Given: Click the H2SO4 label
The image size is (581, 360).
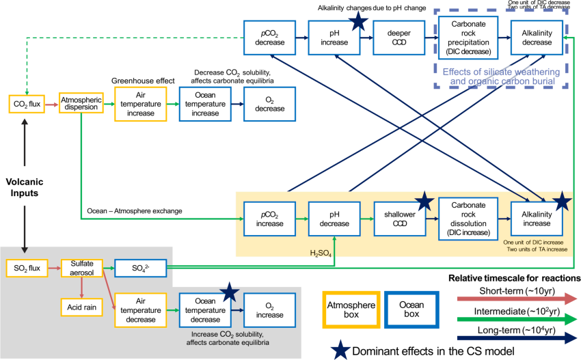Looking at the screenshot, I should click(x=320, y=253).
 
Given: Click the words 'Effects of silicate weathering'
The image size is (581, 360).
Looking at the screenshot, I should click(x=501, y=72).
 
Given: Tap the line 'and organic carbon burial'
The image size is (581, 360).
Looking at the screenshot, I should click(x=501, y=81).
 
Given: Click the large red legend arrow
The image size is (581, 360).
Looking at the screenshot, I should click(x=517, y=299).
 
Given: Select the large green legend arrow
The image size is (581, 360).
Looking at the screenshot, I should click(x=517, y=318).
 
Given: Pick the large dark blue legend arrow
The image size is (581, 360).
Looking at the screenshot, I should click(x=517, y=337).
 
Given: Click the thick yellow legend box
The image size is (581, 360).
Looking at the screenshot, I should click(x=351, y=309).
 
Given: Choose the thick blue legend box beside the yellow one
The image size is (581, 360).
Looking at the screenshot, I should click(x=411, y=309).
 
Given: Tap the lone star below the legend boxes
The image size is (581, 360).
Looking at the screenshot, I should click(x=340, y=350).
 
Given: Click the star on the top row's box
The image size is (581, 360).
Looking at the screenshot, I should click(x=357, y=21).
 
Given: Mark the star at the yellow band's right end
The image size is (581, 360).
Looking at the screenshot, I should click(x=561, y=202).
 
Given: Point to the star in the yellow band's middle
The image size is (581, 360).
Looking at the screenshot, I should click(x=424, y=202).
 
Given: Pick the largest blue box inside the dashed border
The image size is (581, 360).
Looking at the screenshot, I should click(x=468, y=37).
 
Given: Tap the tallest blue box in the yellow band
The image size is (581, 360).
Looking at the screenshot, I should click(x=468, y=219).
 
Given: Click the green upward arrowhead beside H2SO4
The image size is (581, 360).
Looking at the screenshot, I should click(x=334, y=239).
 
